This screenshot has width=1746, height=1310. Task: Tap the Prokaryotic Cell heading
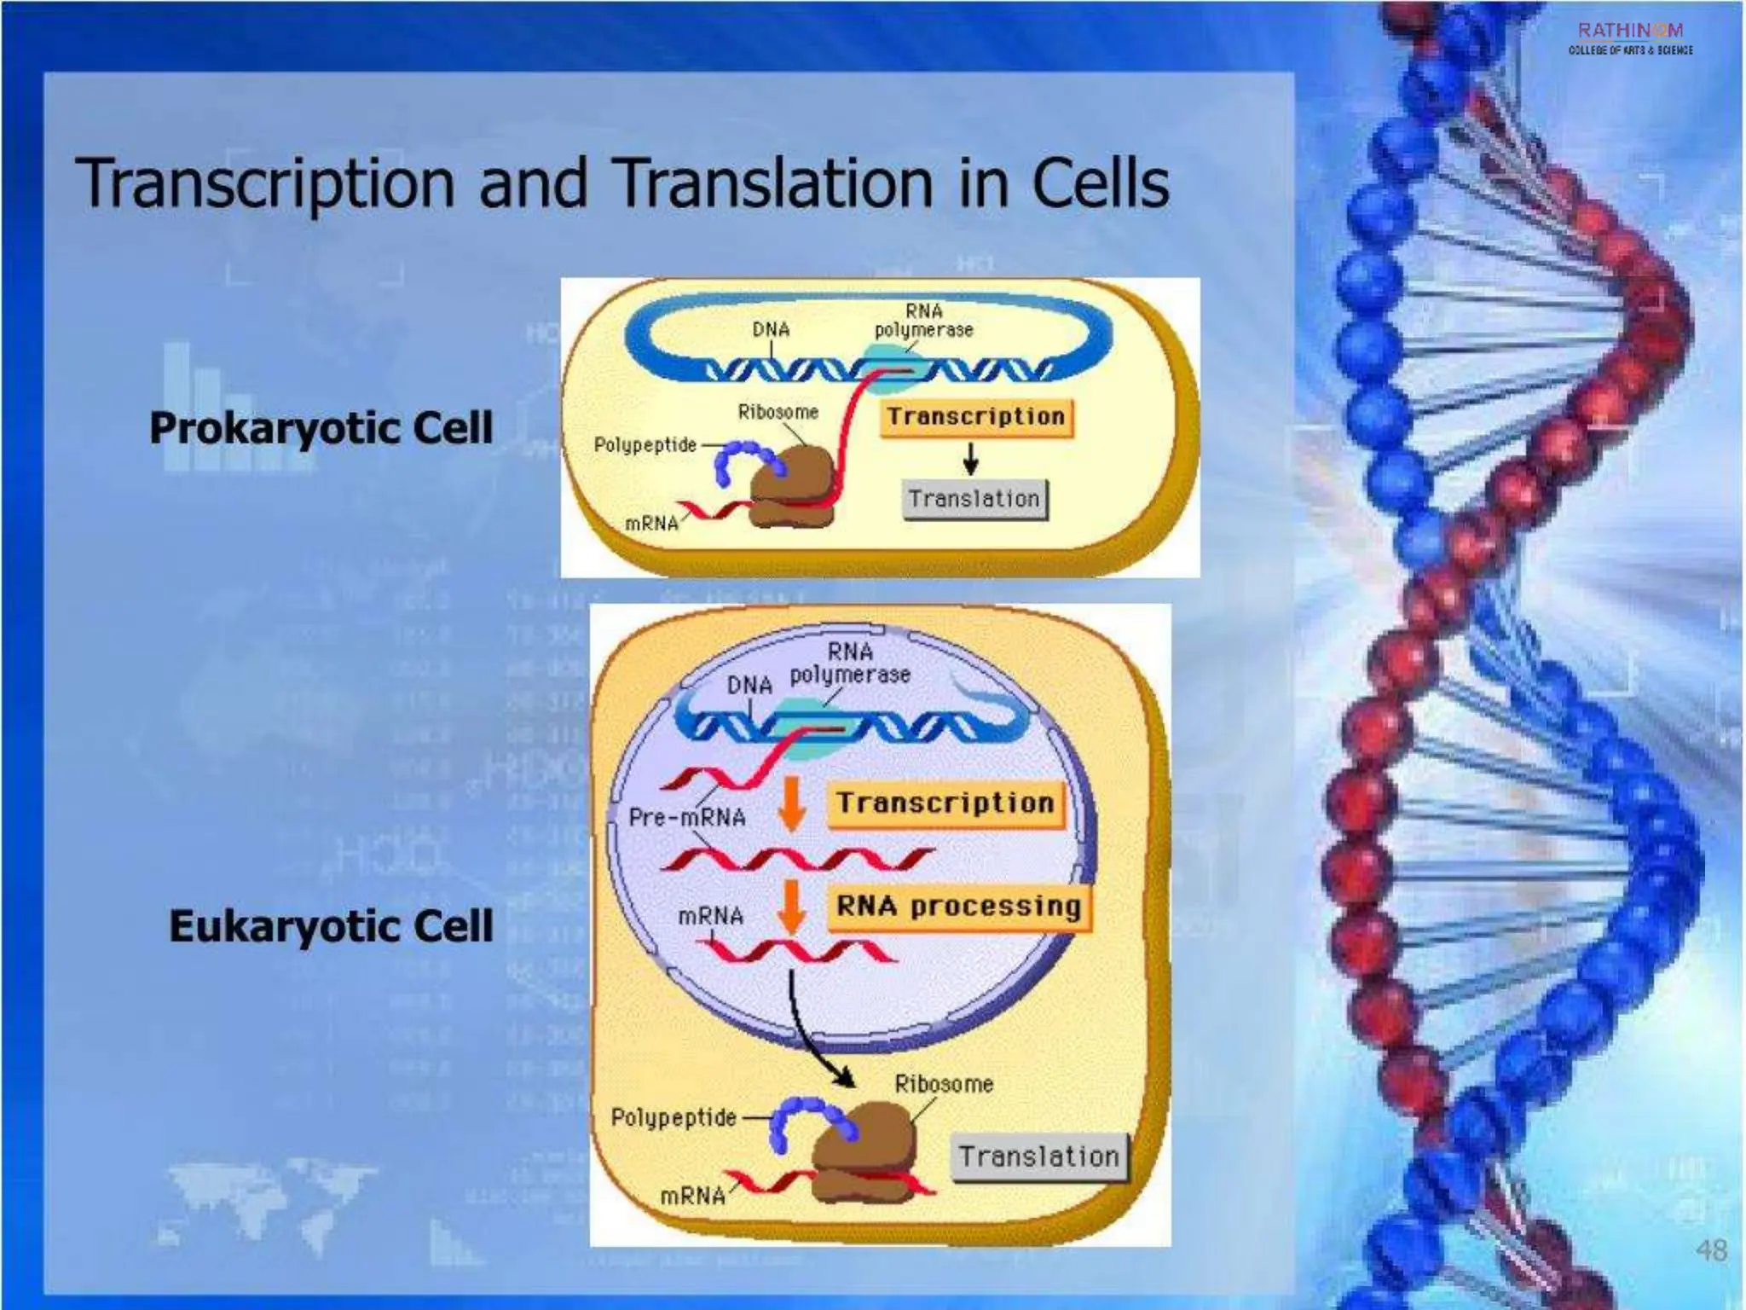(321, 428)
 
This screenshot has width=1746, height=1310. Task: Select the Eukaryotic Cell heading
(331, 926)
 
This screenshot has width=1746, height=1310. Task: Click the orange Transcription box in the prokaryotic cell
(976, 418)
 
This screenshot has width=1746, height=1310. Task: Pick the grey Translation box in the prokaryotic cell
(974, 499)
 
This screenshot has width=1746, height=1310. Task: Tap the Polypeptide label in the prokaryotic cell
(645, 445)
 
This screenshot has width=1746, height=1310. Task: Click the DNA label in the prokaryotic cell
(771, 329)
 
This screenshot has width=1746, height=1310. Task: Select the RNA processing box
(958, 907)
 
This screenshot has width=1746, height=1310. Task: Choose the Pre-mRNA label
(687, 818)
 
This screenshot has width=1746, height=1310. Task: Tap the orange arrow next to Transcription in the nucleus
(792, 803)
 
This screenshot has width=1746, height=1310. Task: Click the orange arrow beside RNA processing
(792, 907)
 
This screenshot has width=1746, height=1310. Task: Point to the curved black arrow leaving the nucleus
(806, 1032)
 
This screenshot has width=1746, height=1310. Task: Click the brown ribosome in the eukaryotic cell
(863, 1151)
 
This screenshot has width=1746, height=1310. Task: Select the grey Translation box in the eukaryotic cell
(1038, 1157)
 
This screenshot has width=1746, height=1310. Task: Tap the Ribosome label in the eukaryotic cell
(944, 1085)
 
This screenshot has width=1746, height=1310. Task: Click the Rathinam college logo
(1630, 38)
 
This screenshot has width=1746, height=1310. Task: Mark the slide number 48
(1711, 1250)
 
